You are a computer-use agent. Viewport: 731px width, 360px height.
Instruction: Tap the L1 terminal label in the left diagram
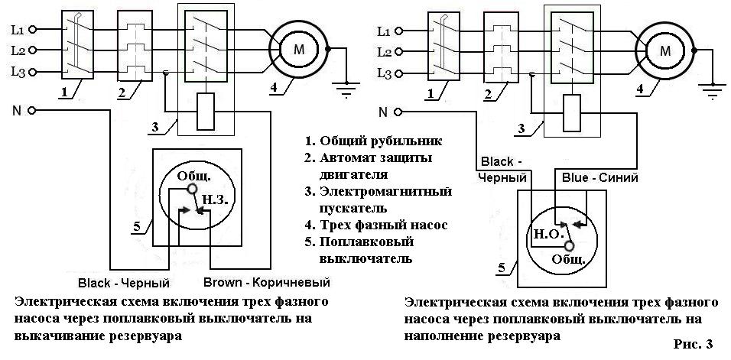coord(18,31)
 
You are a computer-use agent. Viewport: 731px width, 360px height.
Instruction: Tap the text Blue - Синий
coord(599,177)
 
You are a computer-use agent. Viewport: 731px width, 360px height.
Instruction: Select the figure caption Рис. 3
coord(694,344)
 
